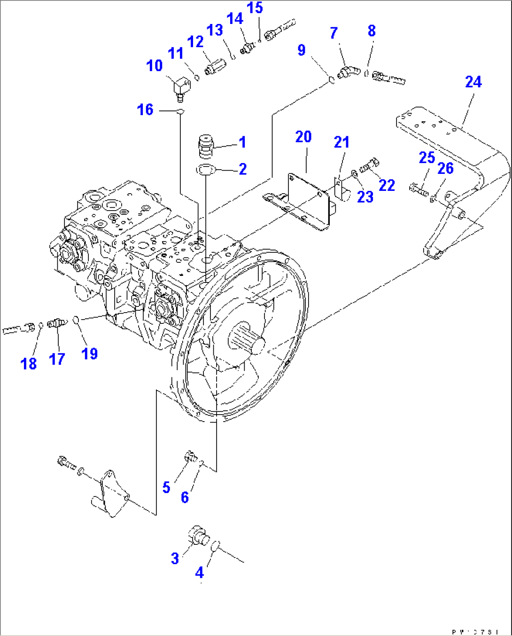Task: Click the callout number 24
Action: (473, 82)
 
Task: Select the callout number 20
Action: (303, 137)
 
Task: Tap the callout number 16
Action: (145, 110)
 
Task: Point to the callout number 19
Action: (89, 353)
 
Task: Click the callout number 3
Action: (175, 558)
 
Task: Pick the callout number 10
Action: (154, 66)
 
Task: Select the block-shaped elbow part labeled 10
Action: (180, 88)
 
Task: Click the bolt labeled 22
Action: (369, 166)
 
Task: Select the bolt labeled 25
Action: (419, 189)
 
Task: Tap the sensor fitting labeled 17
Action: (56, 323)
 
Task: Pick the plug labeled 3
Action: (199, 536)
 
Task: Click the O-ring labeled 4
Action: (215, 546)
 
